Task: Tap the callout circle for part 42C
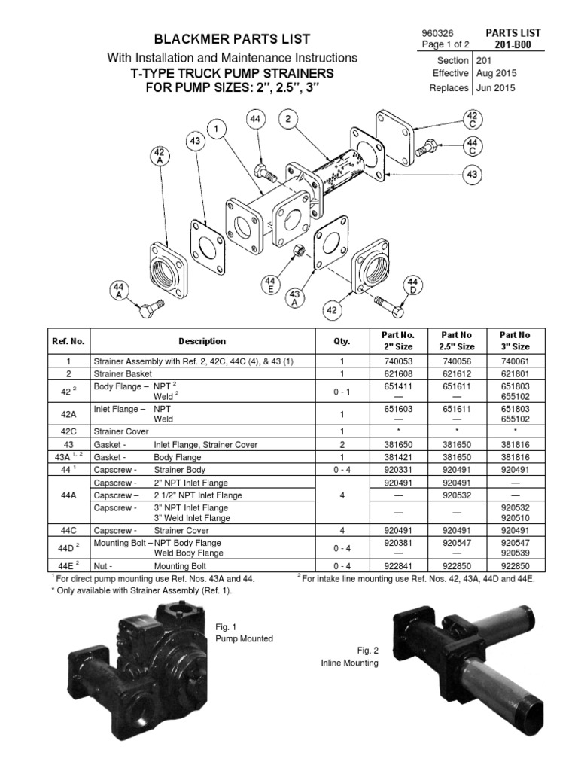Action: point(472,119)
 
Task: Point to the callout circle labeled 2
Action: point(287,119)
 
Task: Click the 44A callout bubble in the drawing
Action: point(118,290)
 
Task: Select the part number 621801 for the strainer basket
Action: point(514,373)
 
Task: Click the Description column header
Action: point(202,341)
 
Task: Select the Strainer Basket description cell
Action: point(122,373)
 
